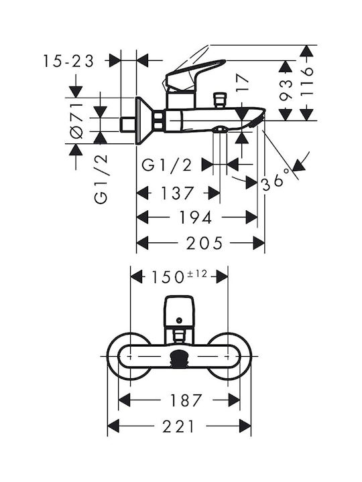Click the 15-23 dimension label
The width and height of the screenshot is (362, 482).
tap(68, 61)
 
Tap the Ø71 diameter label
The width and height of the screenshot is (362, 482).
tap(76, 120)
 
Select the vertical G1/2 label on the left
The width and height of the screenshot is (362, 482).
tap(101, 179)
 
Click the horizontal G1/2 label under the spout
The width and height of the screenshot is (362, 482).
tap(166, 165)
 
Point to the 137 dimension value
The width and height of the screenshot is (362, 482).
tap(177, 193)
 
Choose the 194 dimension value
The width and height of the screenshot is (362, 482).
tap(196, 218)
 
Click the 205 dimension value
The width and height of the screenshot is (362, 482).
tap(204, 243)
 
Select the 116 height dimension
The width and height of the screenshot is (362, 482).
tap(306, 82)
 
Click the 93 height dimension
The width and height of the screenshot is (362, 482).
tap(286, 90)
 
